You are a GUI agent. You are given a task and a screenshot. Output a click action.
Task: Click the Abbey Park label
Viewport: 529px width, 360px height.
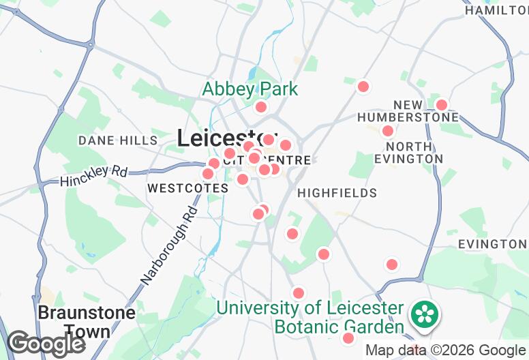pos(250,89)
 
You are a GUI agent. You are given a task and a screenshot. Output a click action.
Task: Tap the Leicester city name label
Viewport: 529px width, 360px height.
pos(227,138)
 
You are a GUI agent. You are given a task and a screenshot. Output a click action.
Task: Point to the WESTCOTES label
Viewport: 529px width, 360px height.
pos(187,187)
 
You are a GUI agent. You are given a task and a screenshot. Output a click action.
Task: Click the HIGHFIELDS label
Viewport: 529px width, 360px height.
pos(337,193)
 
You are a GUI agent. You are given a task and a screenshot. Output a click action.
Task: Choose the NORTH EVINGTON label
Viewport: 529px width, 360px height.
pos(408,152)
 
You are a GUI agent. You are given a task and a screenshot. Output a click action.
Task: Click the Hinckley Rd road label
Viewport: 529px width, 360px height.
pos(93,176)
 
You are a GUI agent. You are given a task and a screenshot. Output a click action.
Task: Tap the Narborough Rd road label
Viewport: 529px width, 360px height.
pos(168,245)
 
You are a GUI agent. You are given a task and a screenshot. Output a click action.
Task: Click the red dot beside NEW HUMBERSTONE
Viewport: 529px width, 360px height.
pos(442,105)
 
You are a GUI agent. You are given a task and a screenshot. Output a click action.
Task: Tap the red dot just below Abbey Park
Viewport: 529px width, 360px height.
pos(260,107)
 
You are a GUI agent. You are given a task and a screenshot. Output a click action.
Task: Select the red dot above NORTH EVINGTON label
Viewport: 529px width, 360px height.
pos(388,131)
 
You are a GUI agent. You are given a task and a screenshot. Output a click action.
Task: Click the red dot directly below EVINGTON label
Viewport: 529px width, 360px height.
pos(392,265)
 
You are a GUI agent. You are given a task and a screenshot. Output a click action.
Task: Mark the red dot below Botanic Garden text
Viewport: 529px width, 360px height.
pos(348,338)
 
